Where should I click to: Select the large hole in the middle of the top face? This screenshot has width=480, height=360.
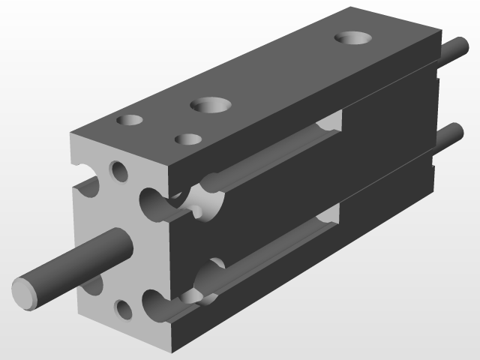210,105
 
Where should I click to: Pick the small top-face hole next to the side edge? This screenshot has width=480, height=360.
187,139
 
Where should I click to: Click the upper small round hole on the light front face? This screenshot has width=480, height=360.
118,172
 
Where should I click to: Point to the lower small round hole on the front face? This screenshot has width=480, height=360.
123,308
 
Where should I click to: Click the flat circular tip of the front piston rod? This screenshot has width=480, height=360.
25,291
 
